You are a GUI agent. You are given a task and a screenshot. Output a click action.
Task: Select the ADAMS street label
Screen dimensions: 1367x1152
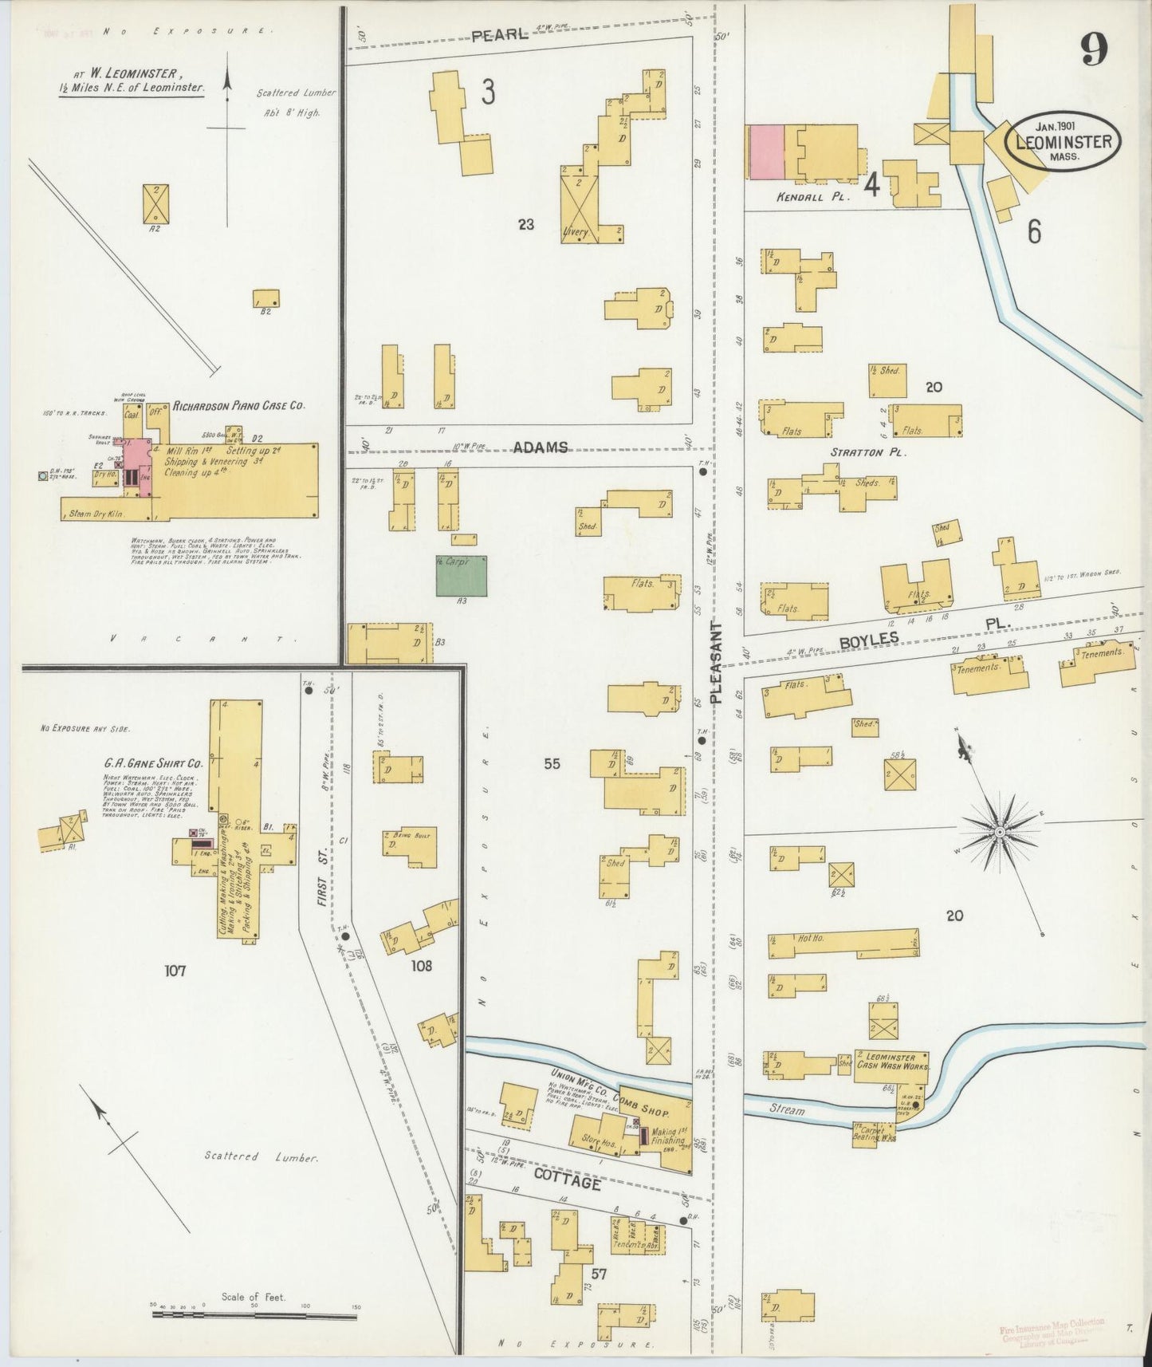pos(540,447)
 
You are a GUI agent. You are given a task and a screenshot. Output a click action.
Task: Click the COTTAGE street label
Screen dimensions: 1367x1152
pos(566,1182)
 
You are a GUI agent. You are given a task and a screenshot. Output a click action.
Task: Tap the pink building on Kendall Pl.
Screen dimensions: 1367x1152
pos(766,152)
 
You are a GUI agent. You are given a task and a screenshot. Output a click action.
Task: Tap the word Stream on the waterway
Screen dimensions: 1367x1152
pos(787,1110)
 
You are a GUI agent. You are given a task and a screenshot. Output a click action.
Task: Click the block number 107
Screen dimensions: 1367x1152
pos(175,971)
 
